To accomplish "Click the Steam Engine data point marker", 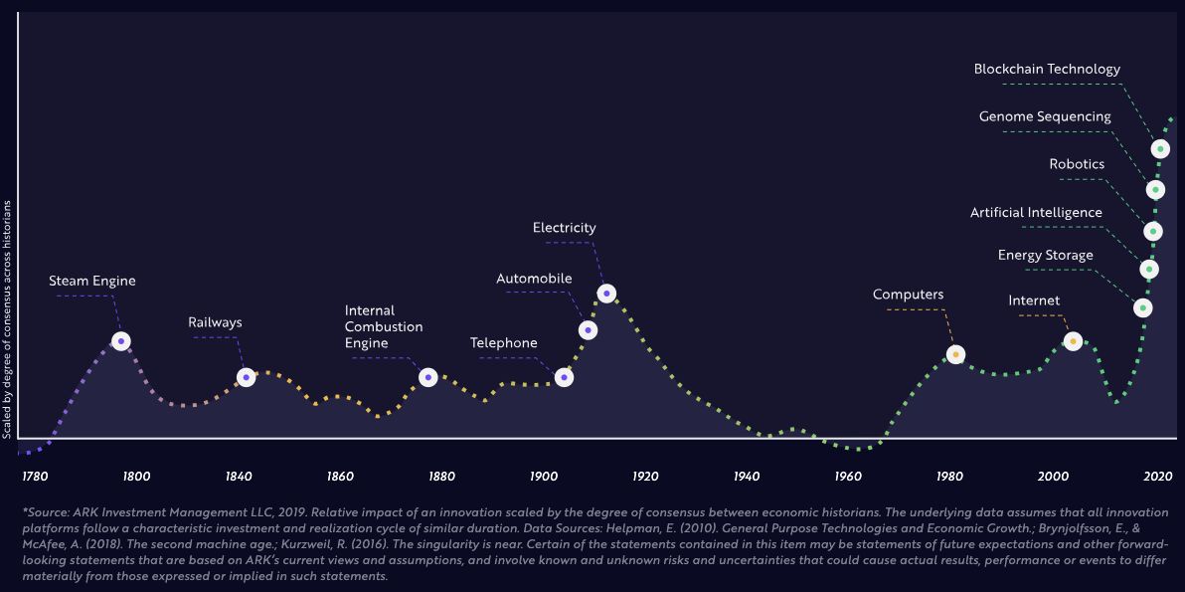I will tap(121, 341).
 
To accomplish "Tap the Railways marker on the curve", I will tap(247, 378).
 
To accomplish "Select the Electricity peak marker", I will tap(606, 294).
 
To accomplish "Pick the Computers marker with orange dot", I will tap(956, 354).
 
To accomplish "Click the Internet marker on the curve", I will tap(1073, 341).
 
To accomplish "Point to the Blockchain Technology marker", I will tap(1160, 149).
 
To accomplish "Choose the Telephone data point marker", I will tap(564, 377).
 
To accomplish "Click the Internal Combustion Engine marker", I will tap(427, 377).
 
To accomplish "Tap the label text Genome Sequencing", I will tap(1045, 116).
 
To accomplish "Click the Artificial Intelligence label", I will tap(1036, 213).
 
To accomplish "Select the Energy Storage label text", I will tap(1045, 256).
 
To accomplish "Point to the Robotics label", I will tap(1077, 164).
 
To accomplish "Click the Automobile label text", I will tap(534, 279).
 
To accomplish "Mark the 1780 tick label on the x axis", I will tap(35, 477).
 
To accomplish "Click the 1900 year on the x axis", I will tap(543, 477).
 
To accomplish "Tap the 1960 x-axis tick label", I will tap(848, 477).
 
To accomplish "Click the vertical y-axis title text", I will tap(7, 319).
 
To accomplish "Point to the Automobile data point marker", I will tap(588, 330).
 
